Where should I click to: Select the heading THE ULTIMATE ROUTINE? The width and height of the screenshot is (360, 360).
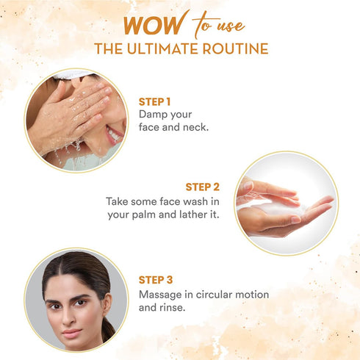(x=180, y=49)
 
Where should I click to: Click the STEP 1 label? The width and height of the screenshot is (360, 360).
(x=156, y=101)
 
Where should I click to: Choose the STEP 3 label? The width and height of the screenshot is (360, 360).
(x=156, y=279)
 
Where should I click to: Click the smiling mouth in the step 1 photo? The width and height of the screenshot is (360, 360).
(x=113, y=136)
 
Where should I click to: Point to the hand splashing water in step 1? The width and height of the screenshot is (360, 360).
(x=71, y=113)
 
